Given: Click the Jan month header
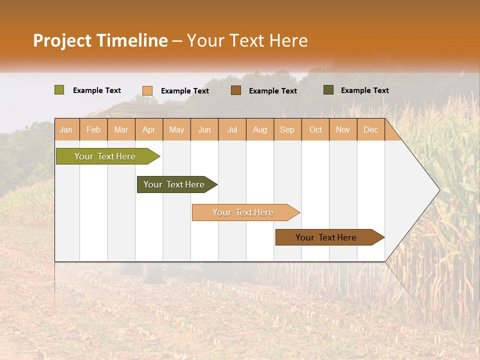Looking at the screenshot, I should (x=66, y=129).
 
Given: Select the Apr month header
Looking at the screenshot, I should (x=149, y=129).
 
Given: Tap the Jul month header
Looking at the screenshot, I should (x=232, y=129).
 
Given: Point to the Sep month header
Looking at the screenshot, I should (x=287, y=129).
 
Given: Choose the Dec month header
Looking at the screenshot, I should (x=371, y=129).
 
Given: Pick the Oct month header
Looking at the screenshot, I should (x=315, y=129).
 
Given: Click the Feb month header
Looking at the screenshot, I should (x=93, y=129).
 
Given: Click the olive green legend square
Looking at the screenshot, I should (x=59, y=90).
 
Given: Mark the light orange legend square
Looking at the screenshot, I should (x=147, y=90).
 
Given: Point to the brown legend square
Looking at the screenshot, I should (x=236, y=90).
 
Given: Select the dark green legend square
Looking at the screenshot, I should (x=328, y=90).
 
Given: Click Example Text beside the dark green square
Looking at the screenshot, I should (x=364, y=90).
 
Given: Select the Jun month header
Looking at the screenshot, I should (x=204, y=129).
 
